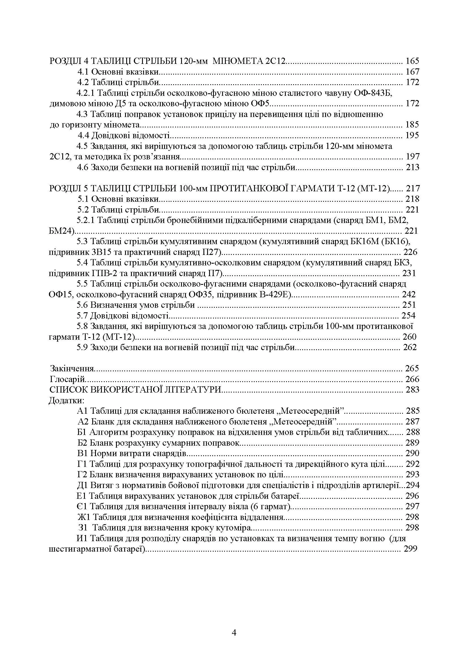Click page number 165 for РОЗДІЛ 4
(x=412, y=61)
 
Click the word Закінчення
(x=72, y=369)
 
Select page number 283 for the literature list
(x=412, y=390)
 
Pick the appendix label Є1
(x=82, y=506)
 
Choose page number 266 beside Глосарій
(x=412, y=379)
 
